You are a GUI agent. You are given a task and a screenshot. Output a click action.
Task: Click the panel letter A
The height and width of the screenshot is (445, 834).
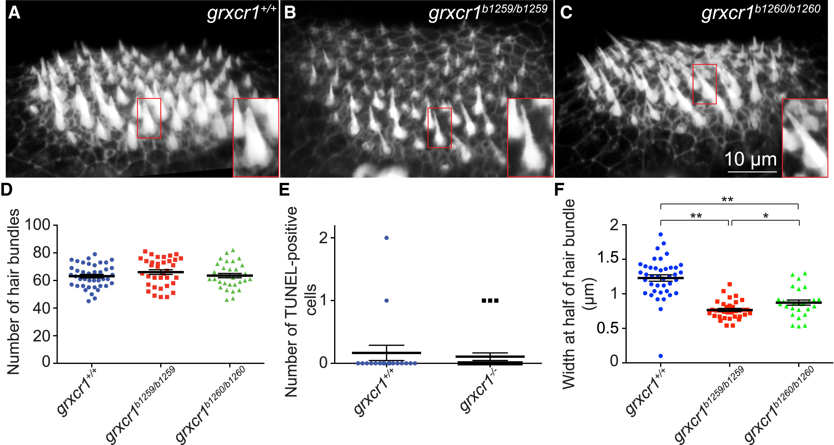point(14,13)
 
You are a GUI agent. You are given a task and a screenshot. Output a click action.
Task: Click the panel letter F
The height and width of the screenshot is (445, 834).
point(559,190)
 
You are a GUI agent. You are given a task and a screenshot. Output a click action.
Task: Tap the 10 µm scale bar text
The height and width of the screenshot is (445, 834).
point(751,159)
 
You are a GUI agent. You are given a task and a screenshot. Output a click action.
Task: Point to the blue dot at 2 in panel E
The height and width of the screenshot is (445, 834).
point(386,238)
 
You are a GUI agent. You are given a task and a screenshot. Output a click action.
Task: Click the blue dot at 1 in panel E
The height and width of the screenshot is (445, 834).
point(386,301)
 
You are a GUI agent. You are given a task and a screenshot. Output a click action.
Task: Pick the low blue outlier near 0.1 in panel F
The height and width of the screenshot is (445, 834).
point(660,356)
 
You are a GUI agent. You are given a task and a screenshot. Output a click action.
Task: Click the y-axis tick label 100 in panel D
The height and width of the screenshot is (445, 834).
point(37,225)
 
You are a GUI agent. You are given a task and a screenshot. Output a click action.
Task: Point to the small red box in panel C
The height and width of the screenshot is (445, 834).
point(704,84)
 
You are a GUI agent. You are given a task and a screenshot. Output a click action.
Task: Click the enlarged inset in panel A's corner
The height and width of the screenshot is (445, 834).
point(256,138)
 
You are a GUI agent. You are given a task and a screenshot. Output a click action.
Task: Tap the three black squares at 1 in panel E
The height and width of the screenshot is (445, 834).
point(490,301)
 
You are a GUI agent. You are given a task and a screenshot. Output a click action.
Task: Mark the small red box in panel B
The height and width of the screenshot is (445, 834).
point(439,128)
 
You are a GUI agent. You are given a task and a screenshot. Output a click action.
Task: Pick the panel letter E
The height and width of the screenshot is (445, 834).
point(284,190)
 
